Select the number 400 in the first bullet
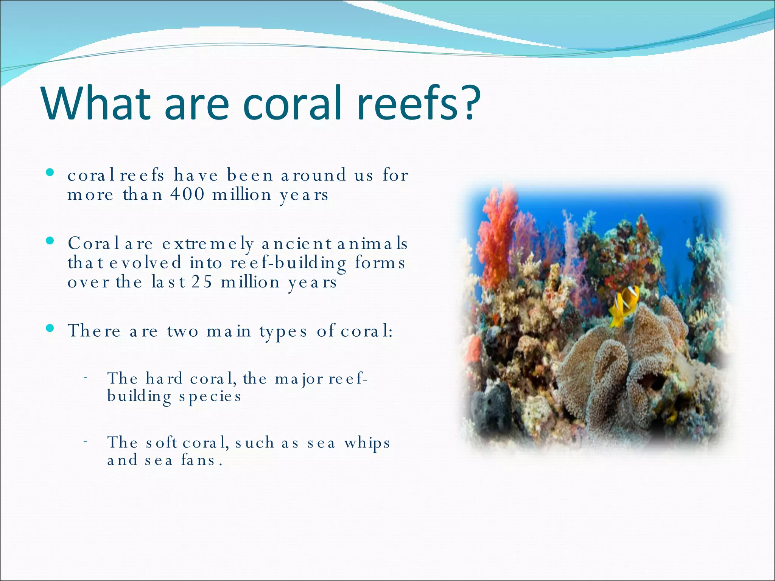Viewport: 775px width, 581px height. click(187, 195)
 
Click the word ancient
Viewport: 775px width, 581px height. click(296, 243)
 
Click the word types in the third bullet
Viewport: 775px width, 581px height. click(283, 332)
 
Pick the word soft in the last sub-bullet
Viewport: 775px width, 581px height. click(161, 442)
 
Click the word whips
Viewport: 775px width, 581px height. click(367, 443)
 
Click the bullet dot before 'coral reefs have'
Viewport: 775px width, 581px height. click(50, 173)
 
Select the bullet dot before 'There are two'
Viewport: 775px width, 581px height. click(50, 328)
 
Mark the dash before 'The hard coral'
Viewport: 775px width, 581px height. click(86, 377)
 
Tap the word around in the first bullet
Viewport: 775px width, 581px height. click(313, 175)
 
